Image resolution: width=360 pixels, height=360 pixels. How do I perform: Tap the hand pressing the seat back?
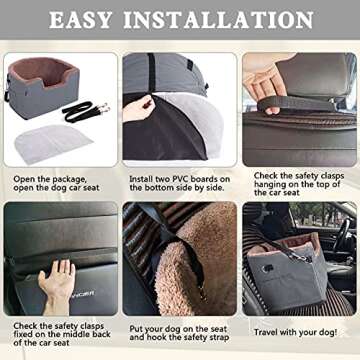(60, 280)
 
